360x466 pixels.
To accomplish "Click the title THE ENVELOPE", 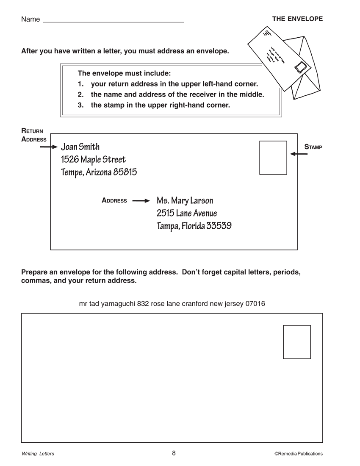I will (x=297, y=19).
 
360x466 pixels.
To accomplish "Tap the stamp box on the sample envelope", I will (x=273, y=158).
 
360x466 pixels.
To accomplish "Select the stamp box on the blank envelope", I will (x=297, y=342).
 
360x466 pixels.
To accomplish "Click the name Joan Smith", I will (x=80, y=147).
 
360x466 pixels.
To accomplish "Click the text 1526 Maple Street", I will (x=94, y=160).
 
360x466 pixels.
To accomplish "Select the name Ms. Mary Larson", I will (x=185, y=200).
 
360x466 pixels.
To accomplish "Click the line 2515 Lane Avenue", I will (x=187, y=213).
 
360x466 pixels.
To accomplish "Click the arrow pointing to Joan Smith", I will (x=48, y=147).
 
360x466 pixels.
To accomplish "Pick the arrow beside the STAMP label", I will (x=299, y=154).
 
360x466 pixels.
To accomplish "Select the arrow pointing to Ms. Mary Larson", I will (x=141, y=201).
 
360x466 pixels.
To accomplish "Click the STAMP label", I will (x=313, y=147).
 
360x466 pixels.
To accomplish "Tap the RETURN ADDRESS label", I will (x=33, y=135).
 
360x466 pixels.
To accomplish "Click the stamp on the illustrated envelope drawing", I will (x=302, y=67).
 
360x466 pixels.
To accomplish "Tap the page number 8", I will (x=174, y=453).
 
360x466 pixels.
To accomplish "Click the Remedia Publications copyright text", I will (x=298, y=454).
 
